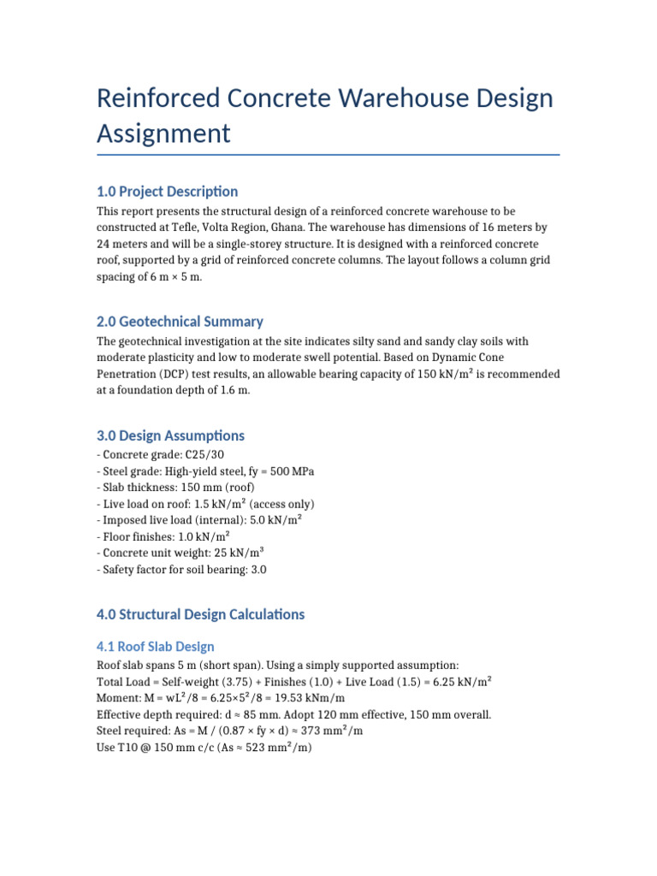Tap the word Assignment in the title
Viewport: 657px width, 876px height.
(x=163, y=133)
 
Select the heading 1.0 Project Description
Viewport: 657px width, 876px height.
(x=167, y=191)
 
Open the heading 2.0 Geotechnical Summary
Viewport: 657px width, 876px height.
(x=180, y=322)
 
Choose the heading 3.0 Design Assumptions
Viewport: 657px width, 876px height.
(x=170, y=435)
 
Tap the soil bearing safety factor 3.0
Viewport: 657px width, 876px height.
(x=258, y=570)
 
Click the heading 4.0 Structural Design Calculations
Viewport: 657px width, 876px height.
(x=200, y=614)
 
